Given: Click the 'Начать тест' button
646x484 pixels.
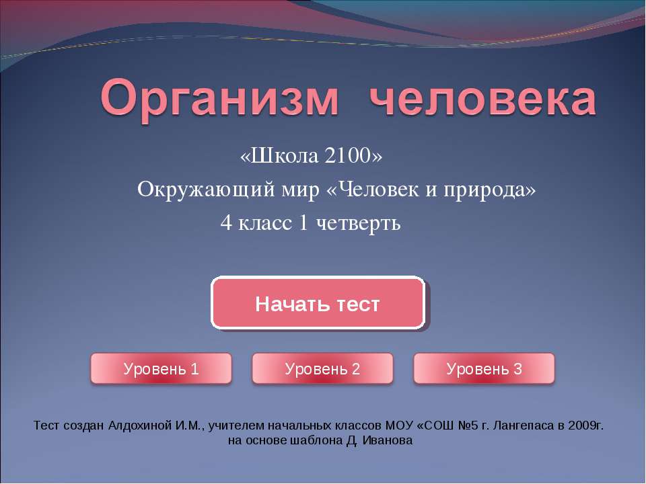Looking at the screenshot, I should point(318,304).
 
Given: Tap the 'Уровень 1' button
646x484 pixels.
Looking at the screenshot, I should point(161,368).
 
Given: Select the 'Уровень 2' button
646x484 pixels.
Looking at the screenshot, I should point(322,368).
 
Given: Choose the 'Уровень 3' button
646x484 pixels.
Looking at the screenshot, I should point(484,368).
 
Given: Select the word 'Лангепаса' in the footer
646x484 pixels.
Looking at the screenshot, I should point(526,426).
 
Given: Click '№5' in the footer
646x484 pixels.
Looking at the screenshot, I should point(474,426).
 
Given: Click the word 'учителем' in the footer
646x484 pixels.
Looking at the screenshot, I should point(236,426).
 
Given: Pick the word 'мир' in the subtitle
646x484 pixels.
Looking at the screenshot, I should point(302,191).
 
